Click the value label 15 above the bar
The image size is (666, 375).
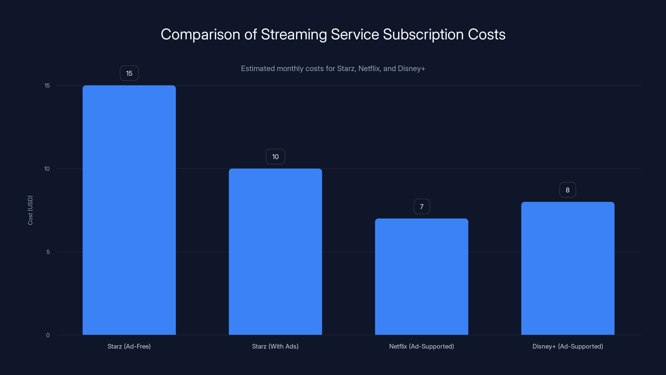point(129,73)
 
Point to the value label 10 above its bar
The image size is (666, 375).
point(275,157)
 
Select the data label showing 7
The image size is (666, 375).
point(422,206)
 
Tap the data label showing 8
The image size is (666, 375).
point(568,190)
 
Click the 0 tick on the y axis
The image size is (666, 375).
point(48,335)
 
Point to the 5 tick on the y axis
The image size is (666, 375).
point(48,252)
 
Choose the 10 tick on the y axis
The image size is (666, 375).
point(47,169)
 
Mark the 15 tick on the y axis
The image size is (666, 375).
point(47,85)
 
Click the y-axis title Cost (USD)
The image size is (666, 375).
point(30,210)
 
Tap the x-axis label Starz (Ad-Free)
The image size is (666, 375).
point(129,346)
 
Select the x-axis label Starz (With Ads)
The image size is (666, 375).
point(275,346)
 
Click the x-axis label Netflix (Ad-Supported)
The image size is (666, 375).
point(421,346)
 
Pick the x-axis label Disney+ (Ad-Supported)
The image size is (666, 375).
point(568,346)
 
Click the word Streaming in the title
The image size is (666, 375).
point(294,34)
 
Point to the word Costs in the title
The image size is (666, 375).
point(487,34)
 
